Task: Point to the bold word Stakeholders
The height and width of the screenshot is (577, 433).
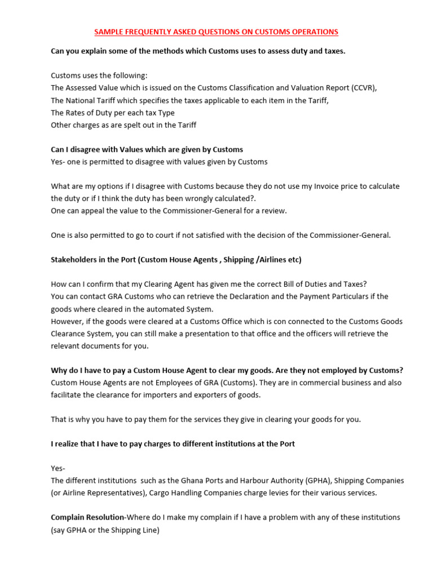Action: point(75,260)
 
